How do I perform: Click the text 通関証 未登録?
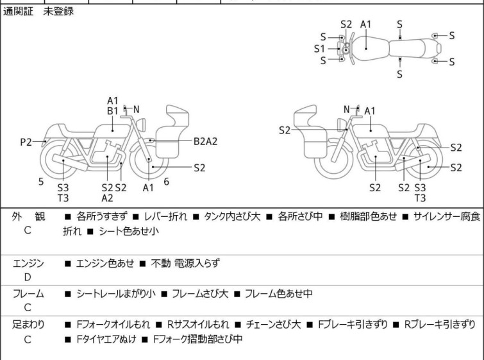pos(38,12)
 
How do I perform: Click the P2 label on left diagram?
pos(26,142)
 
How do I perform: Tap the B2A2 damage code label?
pos(205,141)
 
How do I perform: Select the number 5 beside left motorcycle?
pos(41,182)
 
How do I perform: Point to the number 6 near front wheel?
pos(166,182)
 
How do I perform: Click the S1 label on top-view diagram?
pos(319,48)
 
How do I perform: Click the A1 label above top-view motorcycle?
pos(366,24)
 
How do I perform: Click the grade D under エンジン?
pos(28,277)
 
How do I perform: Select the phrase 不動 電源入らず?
pos(187,263)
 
